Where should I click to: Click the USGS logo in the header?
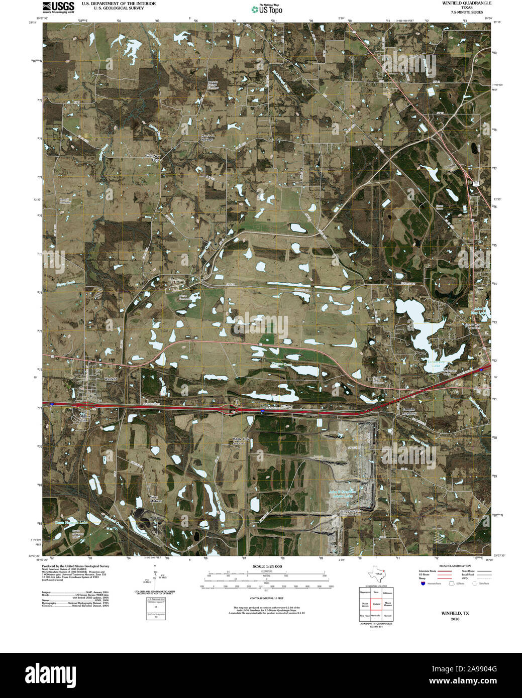[58, 7]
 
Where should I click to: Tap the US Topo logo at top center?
[267, 9]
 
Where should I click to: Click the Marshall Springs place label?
[207, 137]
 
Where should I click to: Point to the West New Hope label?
[152, 157]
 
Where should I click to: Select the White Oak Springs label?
[239, 441]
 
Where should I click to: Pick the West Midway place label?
[156, 499]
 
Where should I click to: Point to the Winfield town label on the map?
[110, 379]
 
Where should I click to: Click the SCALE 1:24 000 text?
[264, 566]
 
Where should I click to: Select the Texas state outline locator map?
[377, 573]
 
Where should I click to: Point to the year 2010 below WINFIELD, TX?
[455, 619]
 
